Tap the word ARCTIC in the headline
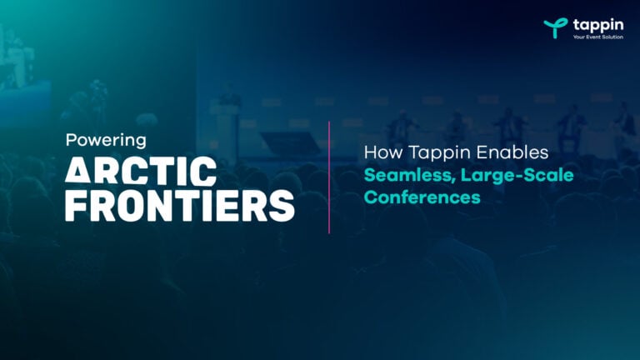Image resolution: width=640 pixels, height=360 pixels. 140,172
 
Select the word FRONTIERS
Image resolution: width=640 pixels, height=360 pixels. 179,205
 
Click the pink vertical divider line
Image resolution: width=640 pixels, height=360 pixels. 329,177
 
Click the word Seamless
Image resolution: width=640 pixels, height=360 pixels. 396,177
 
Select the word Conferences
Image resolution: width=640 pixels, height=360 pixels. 409,198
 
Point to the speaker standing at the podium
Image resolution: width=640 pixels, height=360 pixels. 230,100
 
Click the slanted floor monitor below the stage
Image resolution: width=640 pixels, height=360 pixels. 289,142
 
